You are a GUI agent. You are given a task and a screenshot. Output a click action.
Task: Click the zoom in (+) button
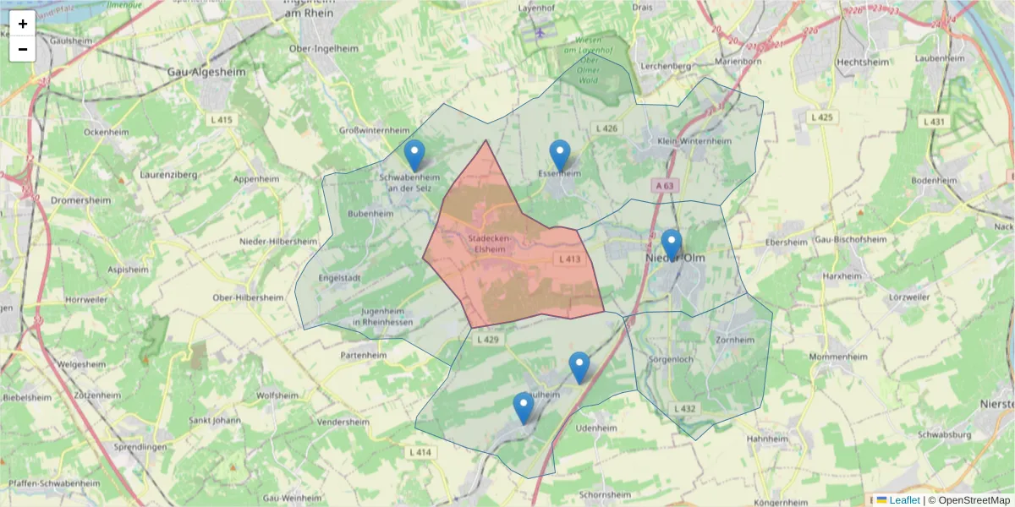23,24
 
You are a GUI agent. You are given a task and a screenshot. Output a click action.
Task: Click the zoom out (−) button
23,49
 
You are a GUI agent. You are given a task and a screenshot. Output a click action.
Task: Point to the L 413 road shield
569,259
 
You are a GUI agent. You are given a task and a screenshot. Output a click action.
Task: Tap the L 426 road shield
606,128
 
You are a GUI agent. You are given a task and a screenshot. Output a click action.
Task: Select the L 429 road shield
489,340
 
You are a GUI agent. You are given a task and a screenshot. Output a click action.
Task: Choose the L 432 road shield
684,409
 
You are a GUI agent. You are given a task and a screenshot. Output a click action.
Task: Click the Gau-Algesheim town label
206,73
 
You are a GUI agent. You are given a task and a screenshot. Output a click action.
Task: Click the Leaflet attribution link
904,500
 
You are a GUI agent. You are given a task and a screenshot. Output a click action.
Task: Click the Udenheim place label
595,428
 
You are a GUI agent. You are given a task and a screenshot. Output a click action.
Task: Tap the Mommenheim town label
838,357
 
